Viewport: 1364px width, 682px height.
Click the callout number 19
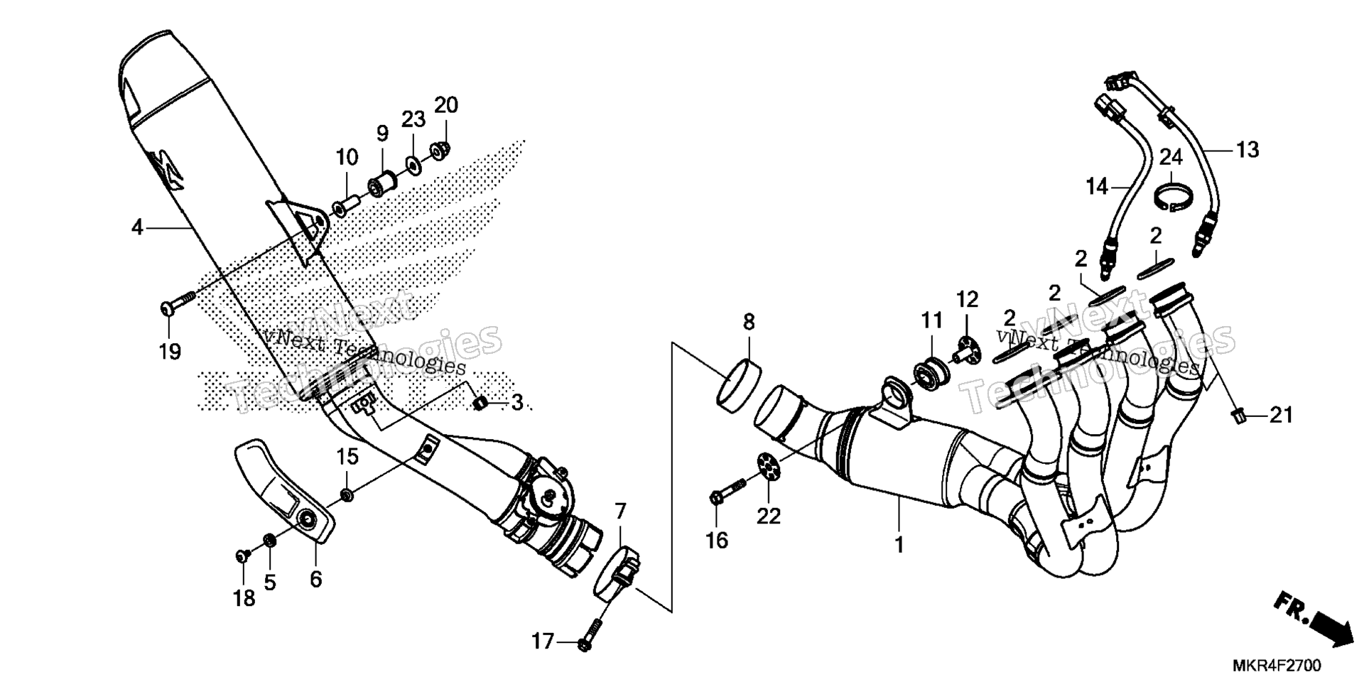coord(170,351)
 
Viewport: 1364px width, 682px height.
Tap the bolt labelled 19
coord(177,303)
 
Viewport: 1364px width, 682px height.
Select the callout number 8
coord(749,322)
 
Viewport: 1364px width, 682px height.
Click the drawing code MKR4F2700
coord(1277,666)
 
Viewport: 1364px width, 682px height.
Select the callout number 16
coord(717,540)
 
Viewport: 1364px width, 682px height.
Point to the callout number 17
coord(542,642)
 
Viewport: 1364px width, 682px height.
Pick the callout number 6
coord(315,579)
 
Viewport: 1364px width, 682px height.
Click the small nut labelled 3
coord(480,404)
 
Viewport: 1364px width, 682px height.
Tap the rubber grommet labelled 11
coord(927,373)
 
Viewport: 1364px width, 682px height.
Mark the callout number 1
coord(899,546)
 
